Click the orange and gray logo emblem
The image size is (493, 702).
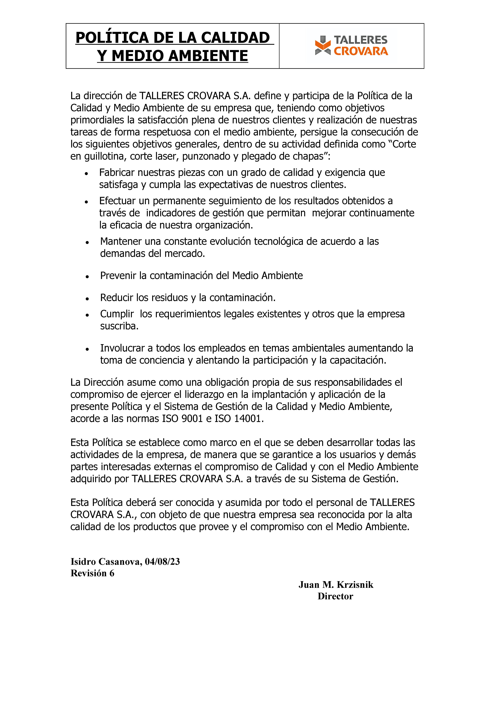pyautogui.click(x=323, y=46)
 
